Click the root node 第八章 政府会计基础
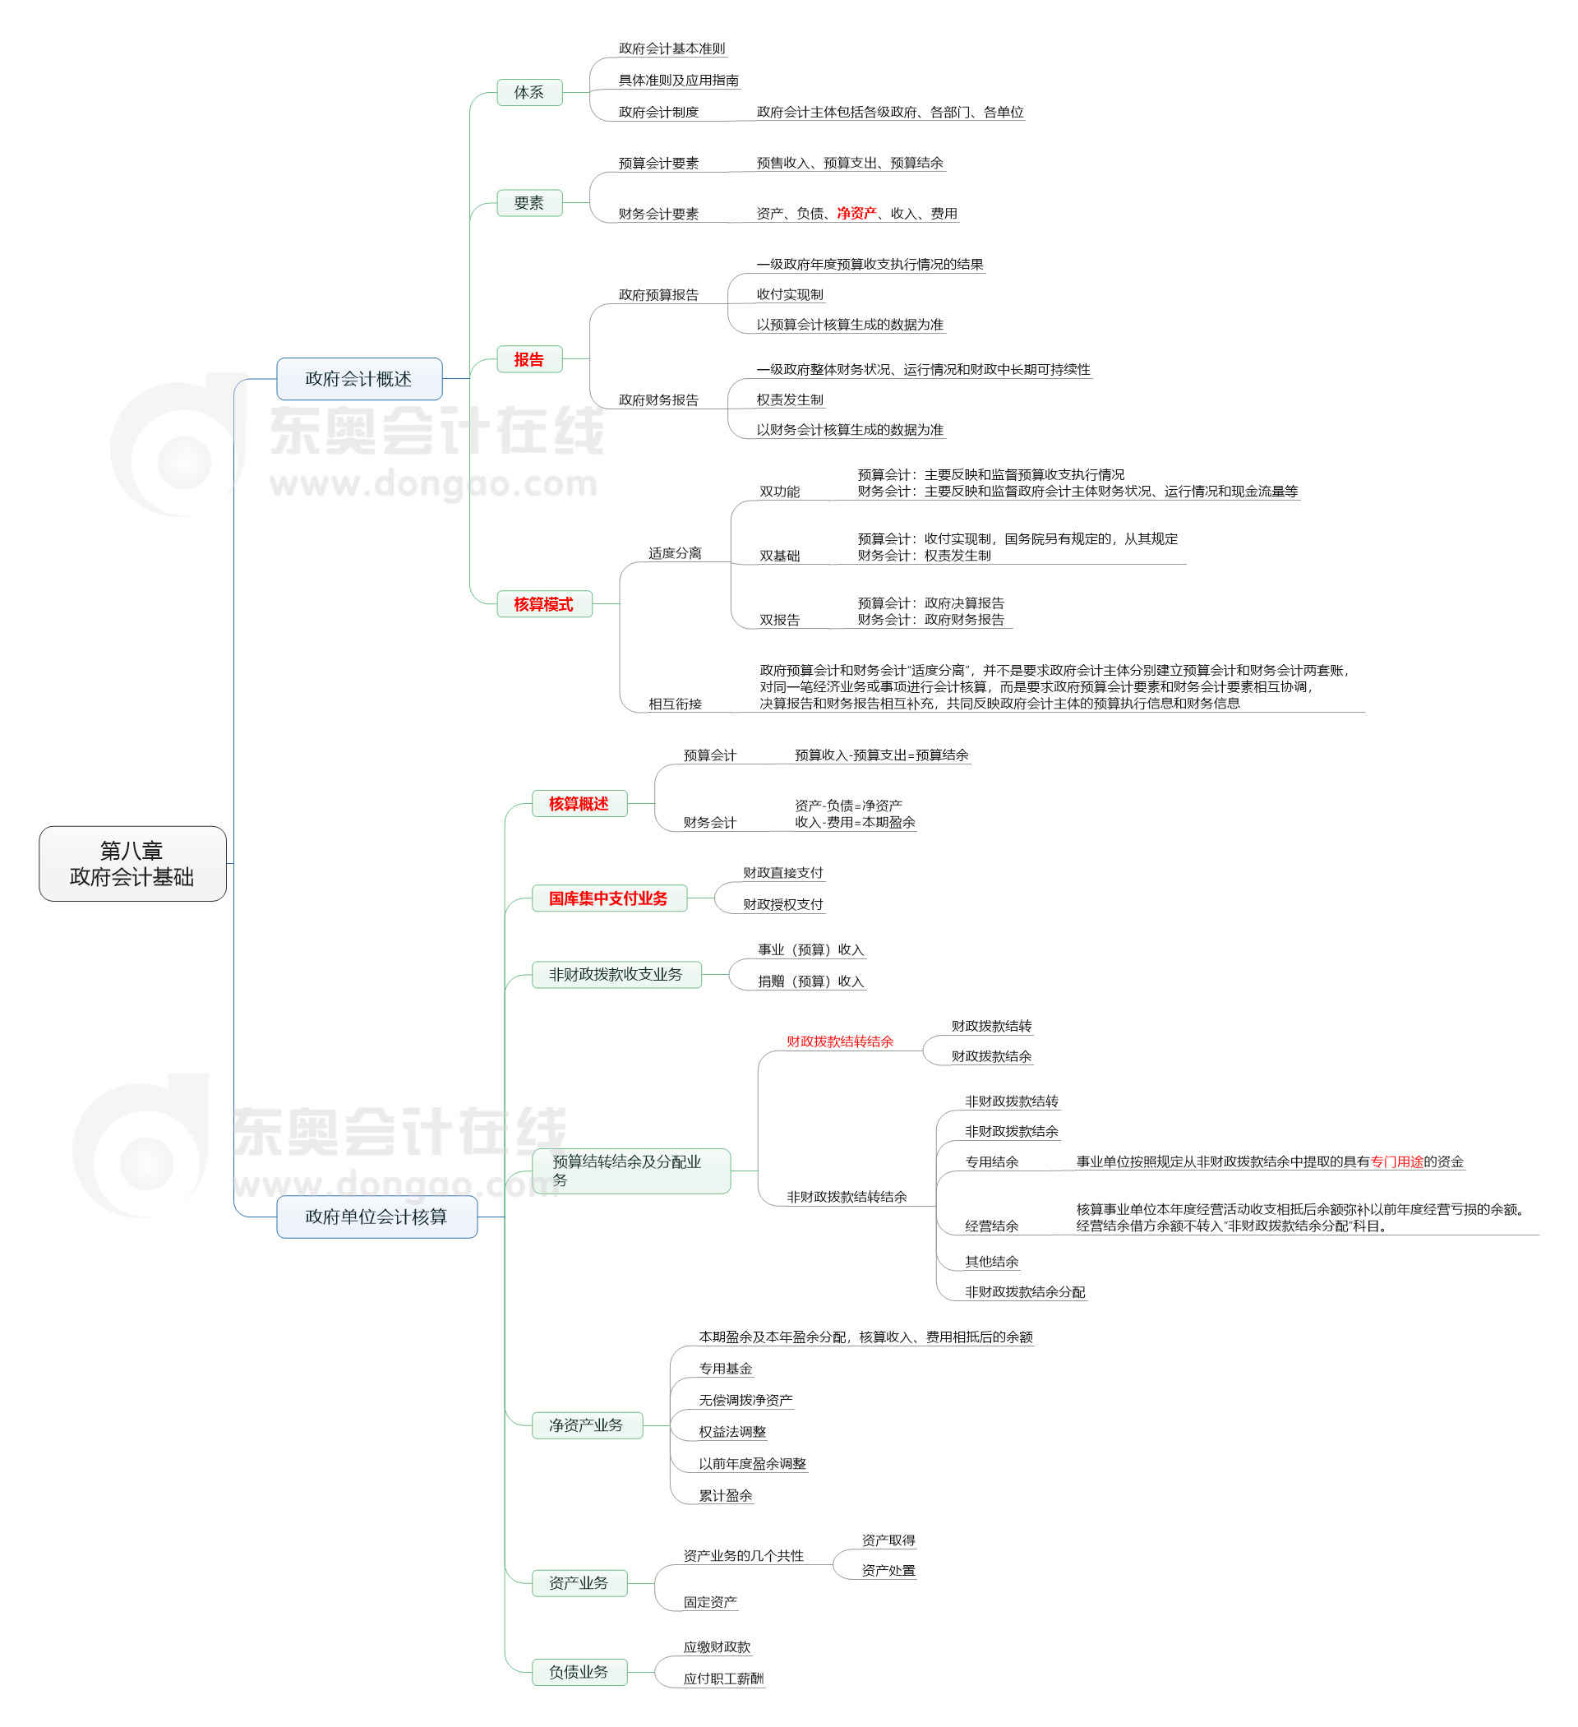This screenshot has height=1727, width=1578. [132, 863]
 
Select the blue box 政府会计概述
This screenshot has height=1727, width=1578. [359, 379]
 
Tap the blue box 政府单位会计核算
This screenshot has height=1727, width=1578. [376, 1217]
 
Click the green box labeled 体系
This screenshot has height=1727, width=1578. [529, 93]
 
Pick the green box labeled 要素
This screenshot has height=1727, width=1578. [529, 203]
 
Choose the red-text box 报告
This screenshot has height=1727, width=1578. [529, 360]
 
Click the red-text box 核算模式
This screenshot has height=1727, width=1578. [544, 605]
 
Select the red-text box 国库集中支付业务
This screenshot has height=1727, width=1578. [609, 898]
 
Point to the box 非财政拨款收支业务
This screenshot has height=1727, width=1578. [616, 975]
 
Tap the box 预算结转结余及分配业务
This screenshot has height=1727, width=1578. [630, 1171]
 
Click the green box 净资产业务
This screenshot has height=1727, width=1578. [587, 1425]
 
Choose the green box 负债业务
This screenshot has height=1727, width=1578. [579, 1672]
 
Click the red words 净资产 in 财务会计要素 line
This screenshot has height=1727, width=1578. [856, 213]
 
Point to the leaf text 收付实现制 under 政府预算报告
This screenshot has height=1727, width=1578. [790, 295]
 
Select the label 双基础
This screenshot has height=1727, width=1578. [780, 556]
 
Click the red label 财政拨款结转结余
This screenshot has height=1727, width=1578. [841, 1041]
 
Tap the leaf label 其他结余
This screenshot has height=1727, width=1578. [992, 1262]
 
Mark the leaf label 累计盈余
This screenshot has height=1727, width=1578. [726, 1496]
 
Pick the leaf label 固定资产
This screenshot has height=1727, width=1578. [710, 1602]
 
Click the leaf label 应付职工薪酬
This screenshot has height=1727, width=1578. [724, 1679]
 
